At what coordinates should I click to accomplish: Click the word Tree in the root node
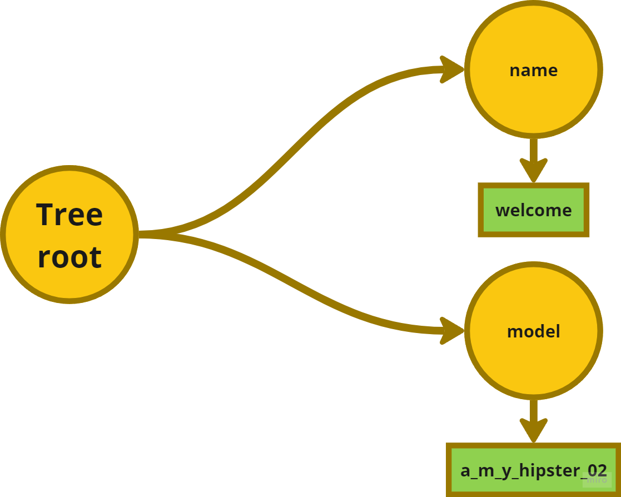tap(69, 215)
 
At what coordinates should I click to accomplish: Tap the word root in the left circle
tap(69, 257)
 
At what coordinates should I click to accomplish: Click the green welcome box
tap(533, 210)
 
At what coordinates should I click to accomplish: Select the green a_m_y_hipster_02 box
tap(533, 470)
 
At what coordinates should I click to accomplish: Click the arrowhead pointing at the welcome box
tap(533, 170)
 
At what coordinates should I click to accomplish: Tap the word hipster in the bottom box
tap(545, 470)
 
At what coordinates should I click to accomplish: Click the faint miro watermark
tap(597, 480)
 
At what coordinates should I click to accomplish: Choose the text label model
tap(533, 331)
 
